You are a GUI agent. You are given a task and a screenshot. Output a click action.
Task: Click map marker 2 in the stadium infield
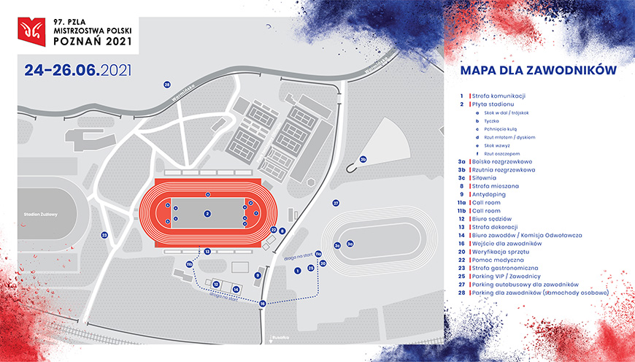tap(208, 214)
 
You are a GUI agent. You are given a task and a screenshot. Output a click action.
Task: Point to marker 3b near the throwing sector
tap(362, 159)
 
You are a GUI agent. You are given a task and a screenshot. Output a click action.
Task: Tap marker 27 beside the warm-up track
tap(336, 203)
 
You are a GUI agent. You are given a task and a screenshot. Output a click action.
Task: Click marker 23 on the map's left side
tap(104, 235)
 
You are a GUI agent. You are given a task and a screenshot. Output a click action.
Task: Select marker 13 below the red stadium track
tap(207, 252)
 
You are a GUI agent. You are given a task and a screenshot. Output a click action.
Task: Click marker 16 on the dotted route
tap(262, 303)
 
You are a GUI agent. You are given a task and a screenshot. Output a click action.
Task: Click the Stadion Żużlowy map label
tap(40, 214)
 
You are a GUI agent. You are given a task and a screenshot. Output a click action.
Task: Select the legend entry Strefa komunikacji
tap(499, 96)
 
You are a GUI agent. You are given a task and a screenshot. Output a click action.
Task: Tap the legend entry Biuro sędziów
tap(491, 219)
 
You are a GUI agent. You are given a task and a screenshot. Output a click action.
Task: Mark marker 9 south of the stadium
tap(258, 275)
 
